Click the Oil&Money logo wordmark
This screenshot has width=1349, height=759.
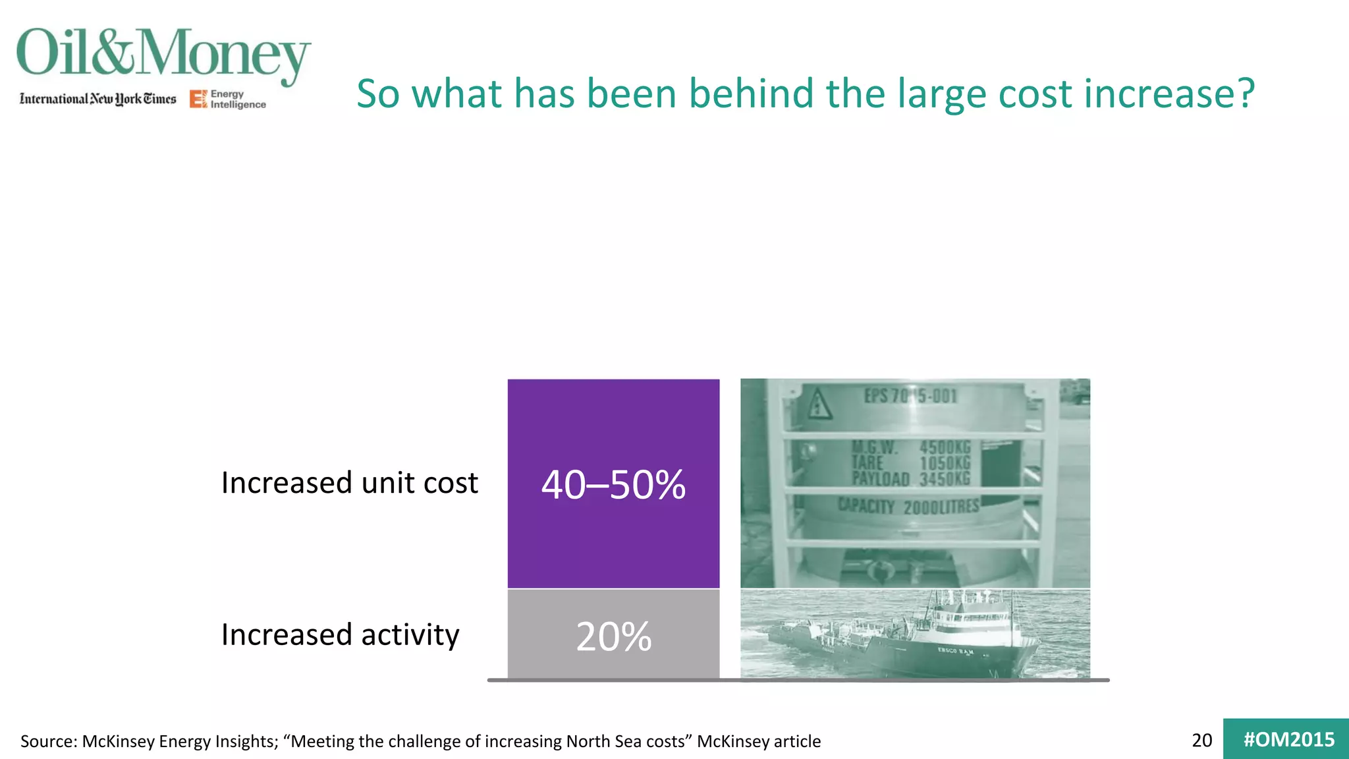pyautogui.click(x=163, y=54)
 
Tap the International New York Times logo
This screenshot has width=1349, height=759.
pyautogui.click(x=97, y=99)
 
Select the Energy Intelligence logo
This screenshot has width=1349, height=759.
pyautogui.click(x=228, y=99)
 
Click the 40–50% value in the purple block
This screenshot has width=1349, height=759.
pyautogui.click(x=613, y=485)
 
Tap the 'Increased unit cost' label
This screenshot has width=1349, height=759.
pyautogui.click(x=349, y=482)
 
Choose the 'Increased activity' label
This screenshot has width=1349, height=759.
pyautogui.click(x=340, y=634)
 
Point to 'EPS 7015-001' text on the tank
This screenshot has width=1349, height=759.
pyautogui.click(x=910, y=396)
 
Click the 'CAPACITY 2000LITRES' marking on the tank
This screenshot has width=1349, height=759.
pyautogui.click(x=908, y=506)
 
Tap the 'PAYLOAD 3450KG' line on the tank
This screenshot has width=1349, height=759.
pyautogui.click(x=910, y=478)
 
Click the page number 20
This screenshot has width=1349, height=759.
pyautogui.click(x=1201, y=740)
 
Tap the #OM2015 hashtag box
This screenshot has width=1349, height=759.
pyautogui.click(x=1288, y=739)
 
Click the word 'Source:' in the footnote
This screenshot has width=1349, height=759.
pyautogui.click(x=49, y=741)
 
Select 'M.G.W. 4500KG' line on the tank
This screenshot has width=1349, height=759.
pyautogui.click(x=910, y=448)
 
